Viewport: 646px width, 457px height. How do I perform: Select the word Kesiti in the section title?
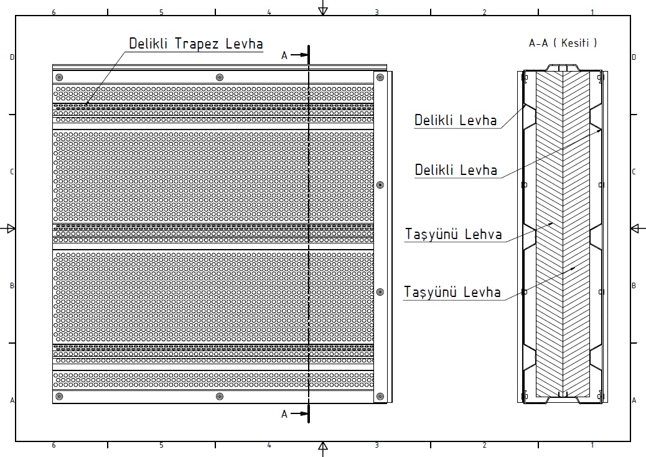coord(575,42)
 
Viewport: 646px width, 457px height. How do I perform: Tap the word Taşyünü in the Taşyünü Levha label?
coord(430,292)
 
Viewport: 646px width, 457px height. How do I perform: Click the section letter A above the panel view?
coord(284,55)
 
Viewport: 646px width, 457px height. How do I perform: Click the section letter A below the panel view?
coord(284,414)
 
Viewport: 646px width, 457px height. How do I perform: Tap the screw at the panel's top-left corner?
coord(59,77)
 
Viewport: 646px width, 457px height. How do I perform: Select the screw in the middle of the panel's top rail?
coord(220,77)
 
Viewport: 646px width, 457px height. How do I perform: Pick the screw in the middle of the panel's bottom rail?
coord(220,397)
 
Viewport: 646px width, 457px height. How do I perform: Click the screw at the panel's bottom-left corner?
coord(59,397)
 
